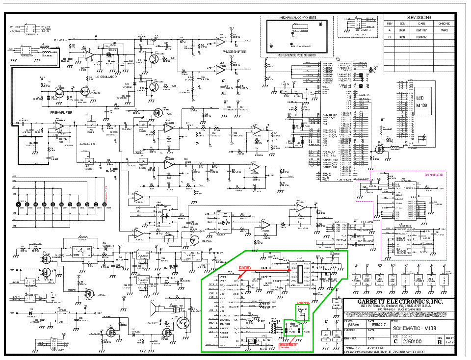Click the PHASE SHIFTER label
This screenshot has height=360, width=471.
pos(235,51)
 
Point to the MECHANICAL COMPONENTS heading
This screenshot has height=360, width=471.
pos(296,17)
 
